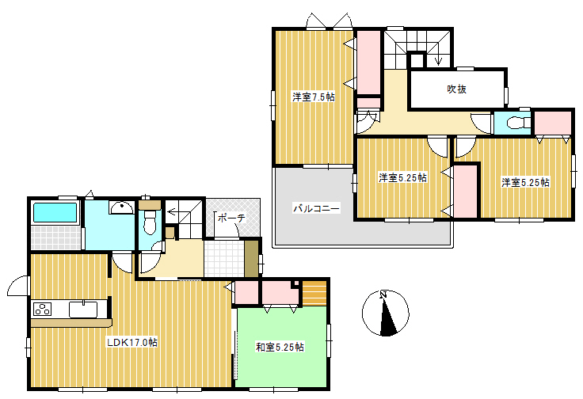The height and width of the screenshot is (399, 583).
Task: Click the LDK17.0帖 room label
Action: (x=132, y=342)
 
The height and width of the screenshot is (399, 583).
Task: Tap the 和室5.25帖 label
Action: (x=280, y=348)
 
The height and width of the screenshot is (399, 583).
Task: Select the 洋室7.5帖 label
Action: (x=313, y=97)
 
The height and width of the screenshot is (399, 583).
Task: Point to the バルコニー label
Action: (x=316, y=208)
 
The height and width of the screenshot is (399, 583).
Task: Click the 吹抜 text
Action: (x=456, y=89)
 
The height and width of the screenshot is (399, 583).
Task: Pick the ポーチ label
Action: (x=231, y=218)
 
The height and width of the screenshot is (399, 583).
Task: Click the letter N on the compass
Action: (x=383, y=295)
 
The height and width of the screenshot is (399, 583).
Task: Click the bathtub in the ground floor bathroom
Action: (x=55, y=212)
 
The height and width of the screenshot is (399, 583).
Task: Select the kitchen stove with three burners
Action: (x=43, y=309)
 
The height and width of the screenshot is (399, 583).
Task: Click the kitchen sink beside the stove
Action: (x=83, y=309)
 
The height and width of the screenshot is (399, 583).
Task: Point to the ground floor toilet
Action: (x=150, y=222)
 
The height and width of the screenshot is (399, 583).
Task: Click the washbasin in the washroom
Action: (x=121, y=207)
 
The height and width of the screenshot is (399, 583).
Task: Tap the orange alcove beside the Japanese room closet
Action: (x=314, y=293)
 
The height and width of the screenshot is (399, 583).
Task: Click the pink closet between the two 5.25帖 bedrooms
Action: (x=466, y=192)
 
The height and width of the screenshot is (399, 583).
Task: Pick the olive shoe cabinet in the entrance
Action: (x=251, y=259)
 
